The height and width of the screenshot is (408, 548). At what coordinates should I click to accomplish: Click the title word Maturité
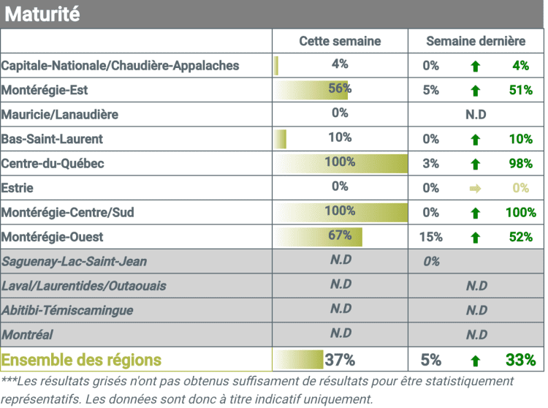pos(42,14)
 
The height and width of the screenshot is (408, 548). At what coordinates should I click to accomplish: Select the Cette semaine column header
pos(340,41)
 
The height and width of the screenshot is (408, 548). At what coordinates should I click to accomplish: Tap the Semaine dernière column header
pos(476,41)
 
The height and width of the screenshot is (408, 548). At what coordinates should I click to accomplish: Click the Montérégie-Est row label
pos(42,91)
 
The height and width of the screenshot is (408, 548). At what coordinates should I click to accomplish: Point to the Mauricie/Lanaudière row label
pos(59,115)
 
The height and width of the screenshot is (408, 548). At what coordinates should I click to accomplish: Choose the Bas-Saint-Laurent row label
pos(52,139)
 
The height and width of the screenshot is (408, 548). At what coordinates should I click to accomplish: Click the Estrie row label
pos(18,188)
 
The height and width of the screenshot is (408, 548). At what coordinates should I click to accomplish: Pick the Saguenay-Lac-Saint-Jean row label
pos(74,261)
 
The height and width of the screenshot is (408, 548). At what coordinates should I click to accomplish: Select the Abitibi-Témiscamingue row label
pos(67,310)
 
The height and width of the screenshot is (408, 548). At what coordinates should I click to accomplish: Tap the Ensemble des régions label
pos(81,360)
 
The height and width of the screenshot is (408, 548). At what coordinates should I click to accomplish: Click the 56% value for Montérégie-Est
pos(340,88)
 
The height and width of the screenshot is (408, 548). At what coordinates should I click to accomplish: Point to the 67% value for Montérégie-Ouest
pos(340,235)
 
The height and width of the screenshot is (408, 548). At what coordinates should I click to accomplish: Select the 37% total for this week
pos(340,360)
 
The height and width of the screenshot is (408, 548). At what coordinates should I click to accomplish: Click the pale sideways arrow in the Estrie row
pos(476,189)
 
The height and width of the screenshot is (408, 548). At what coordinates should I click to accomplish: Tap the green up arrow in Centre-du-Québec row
pos(476,164)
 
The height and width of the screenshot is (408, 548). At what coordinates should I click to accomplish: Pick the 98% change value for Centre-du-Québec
pos(520,164)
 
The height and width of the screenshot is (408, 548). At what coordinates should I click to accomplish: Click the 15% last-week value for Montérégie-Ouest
pos(431,237)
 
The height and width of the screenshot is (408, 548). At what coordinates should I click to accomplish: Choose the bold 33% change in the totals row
pos(520,360)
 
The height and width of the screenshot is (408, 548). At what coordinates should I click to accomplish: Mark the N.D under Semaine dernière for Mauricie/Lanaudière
pos(476,115)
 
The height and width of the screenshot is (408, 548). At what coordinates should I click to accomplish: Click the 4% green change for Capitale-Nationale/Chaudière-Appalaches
pos(520,66)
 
